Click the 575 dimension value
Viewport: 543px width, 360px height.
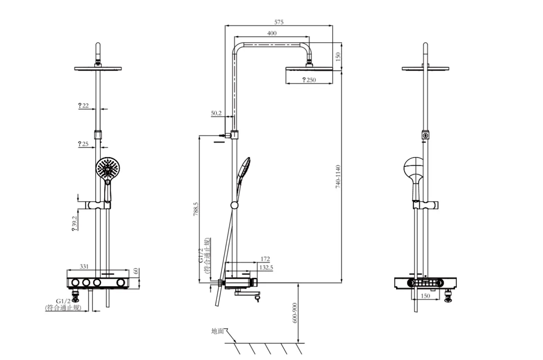click(279, 22)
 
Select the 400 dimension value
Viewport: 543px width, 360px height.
click(271, 33)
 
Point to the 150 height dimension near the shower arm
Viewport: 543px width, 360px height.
click(338, 57)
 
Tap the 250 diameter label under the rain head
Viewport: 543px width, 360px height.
click(309, 80)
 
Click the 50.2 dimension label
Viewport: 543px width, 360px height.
click(216, 113)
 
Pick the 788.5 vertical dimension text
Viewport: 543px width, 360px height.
click(196, 209)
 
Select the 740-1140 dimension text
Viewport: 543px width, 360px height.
click(338, 176)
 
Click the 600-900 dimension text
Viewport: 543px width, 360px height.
click(295, 312)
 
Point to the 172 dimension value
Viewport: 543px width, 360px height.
click(265, 259)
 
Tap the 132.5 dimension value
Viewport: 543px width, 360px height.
click(266, 268)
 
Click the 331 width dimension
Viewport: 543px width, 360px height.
click(84, 266)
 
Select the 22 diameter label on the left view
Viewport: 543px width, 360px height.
click(83, 105)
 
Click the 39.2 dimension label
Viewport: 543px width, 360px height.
click(75, 223)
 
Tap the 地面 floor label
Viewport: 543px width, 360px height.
click(218, 331)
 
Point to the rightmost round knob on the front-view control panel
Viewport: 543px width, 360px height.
click(121, 283)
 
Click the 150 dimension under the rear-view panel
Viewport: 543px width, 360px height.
click(425, 296)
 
